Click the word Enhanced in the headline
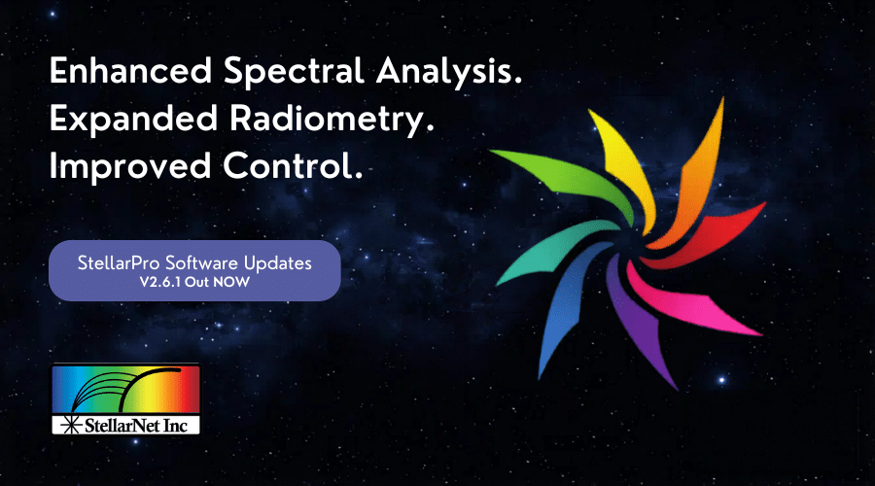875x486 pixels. [x=131, y=70]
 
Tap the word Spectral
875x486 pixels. [x=294, y=73]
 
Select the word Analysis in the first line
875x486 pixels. [x=449, y=73]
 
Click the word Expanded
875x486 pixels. [x=133, y=119]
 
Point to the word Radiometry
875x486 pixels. [x=332, y=121]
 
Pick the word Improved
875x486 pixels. [x=130, y=167]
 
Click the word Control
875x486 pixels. [x=293, y=165]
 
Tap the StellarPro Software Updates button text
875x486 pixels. [x=194, y=262]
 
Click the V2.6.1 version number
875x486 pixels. [x=160, y=282]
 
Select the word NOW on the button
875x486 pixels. [x=231, y=282]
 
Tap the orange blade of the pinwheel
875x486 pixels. [x=697, y=179]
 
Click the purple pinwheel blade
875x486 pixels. [x=642, y=324]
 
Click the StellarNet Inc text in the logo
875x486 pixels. [x=135, y=426]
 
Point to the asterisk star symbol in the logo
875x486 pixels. [x=71, y=425]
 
